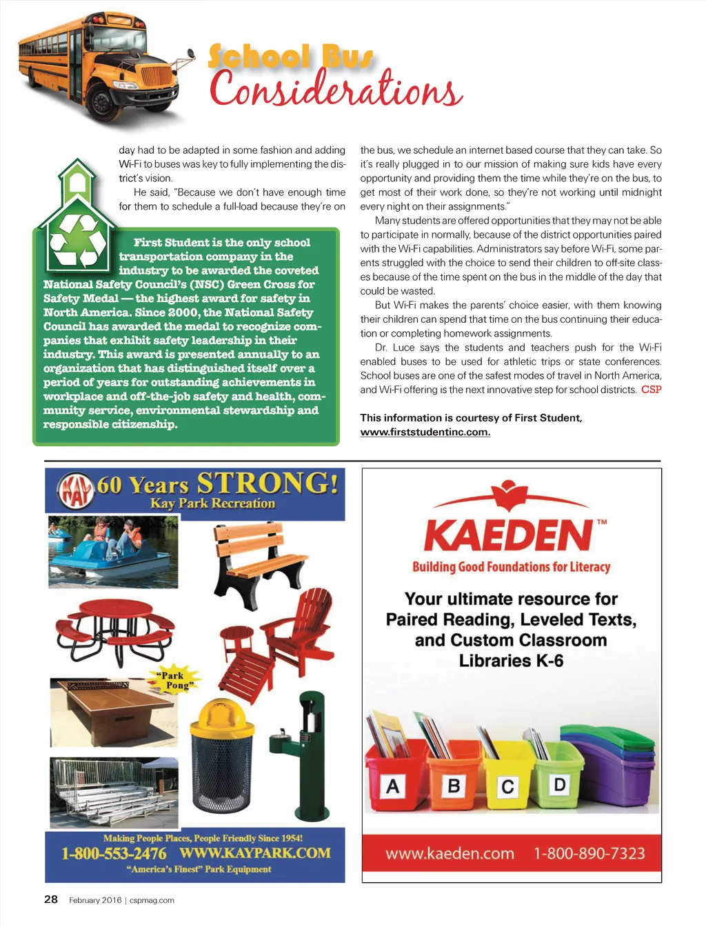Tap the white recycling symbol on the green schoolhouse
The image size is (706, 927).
tap(77, 239)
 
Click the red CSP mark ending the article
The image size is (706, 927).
tap(651, 390)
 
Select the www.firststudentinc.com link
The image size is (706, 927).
tap(425, 432)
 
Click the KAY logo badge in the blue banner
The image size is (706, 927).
tap(74, 490)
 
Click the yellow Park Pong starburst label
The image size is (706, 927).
tap(173, 680)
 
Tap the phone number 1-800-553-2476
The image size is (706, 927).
tap(114, 853)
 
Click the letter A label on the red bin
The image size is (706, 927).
tap(392, 786)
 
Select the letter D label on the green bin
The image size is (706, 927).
tap(559, 784)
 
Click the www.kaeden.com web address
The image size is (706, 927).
tap(450, 854)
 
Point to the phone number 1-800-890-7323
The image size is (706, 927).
tap(589, 854)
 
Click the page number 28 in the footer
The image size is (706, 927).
tap(51, 899)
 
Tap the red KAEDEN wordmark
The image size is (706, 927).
tap(508, 535)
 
